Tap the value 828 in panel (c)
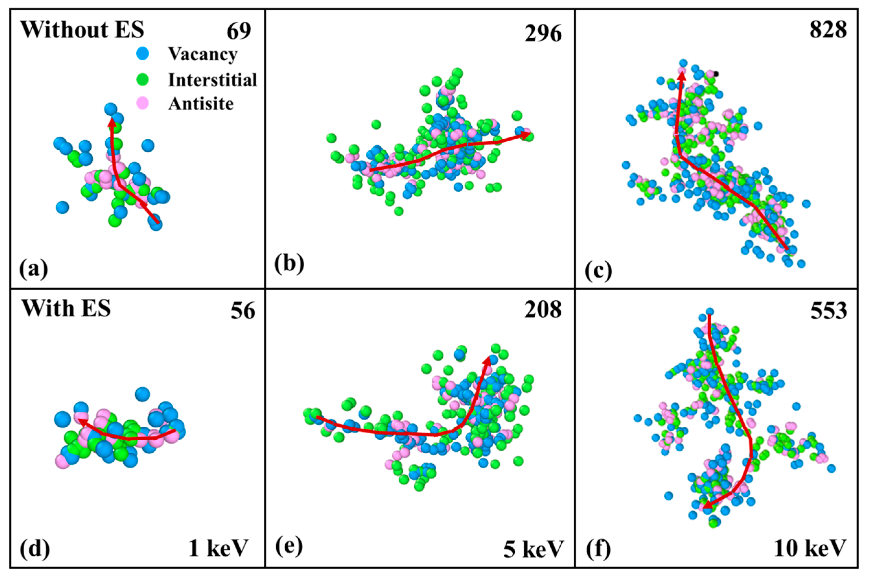click(x=828, y=30)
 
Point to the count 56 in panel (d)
click(x=243, y=311)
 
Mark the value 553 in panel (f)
click(x=828, y=311)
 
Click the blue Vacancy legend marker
click(x=142, y=53)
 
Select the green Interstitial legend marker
click(x=142, y=79)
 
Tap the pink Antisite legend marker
click(x=142, y=103)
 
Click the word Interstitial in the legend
click(x=212, y=80)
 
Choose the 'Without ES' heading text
click(x=82, y=29)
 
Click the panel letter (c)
click(x=598, y=270)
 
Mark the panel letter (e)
click(x=289, y=546)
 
